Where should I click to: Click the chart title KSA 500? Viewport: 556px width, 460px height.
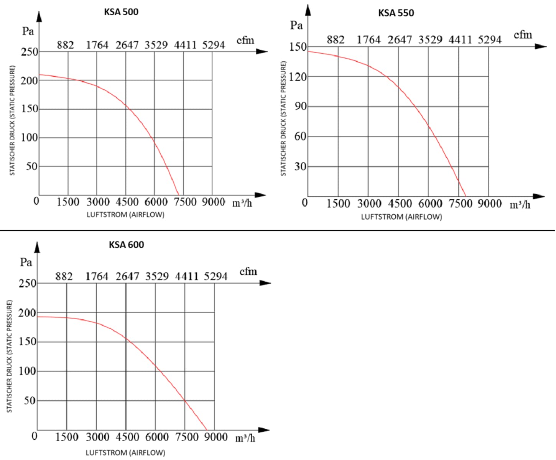(121, 12)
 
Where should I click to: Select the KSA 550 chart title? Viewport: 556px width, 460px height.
(396, 13)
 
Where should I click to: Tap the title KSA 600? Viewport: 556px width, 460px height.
(126, 245)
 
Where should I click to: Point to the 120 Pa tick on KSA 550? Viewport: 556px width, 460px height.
(298, 77)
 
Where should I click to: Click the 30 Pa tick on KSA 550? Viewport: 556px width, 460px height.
(300, 166)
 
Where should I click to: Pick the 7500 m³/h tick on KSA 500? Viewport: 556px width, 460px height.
(185, 202)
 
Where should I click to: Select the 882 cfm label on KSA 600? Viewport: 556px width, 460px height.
(64, 276)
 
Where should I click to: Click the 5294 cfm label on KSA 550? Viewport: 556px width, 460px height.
(490, 40)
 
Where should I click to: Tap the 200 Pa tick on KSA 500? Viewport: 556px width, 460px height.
(29, 80)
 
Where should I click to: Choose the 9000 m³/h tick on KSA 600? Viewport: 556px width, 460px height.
(215, 437)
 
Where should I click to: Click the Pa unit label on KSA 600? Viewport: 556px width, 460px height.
(26, 263)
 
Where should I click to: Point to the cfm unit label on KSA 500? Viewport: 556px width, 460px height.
(245, 40)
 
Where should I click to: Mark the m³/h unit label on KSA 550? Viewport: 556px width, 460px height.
(520, 205)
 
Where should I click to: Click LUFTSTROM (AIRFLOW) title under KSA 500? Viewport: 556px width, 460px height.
(125, 215)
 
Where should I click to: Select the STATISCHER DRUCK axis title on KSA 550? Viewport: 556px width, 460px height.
(284, 119)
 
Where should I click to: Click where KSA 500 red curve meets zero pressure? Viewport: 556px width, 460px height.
(179, 195)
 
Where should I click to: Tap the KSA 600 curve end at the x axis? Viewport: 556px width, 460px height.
(207, 430)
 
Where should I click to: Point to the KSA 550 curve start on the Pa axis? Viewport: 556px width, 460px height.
(308, 51)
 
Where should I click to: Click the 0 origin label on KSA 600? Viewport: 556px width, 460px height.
(35, 436)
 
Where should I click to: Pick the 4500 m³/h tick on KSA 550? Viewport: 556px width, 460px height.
(400, 203)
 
